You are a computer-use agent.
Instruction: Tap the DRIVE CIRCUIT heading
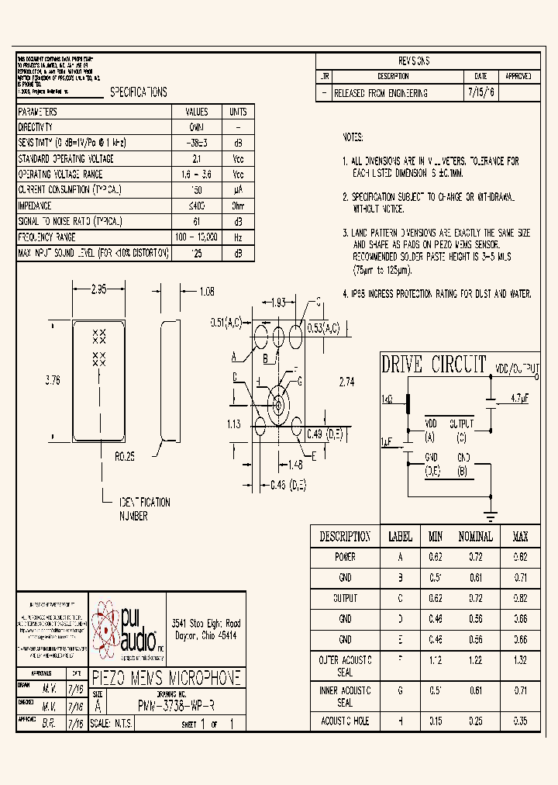[x=433, y=365]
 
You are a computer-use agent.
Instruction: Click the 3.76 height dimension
[x=53, y=380]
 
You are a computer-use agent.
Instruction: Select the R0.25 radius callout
[x=126, y=458]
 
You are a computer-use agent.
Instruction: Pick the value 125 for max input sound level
[x=197, y=253]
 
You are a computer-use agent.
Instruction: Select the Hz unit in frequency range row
[x=238, y=237]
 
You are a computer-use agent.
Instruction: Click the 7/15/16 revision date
[x=480, y=93]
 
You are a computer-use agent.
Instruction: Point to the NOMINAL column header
[x=475, y=537]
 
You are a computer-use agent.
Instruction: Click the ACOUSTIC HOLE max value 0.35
[x=520, y=721]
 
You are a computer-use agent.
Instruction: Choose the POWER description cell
[x=345, y=557]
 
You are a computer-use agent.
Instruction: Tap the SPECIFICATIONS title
[x=138, y=92]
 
